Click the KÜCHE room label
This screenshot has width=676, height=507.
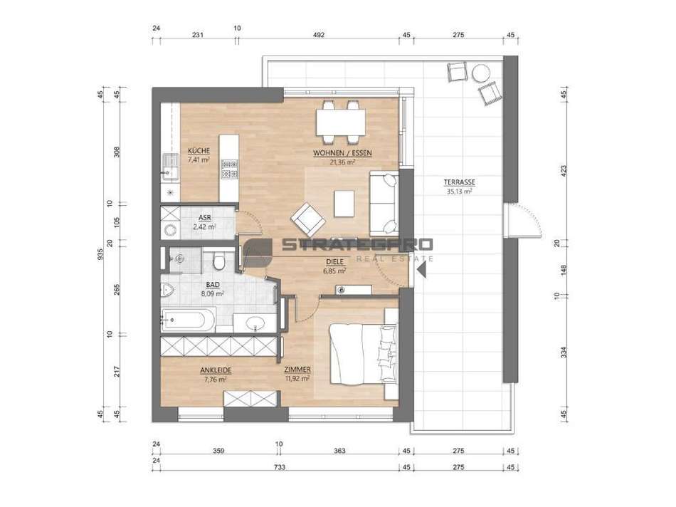pyautogui.click(x=199, y=152)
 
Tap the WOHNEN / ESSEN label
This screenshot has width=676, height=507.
pyautogui.click(x=342, y=153)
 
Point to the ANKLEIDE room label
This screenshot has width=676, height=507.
pyautogui.click(x=216, y=370)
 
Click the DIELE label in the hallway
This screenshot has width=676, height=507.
pyautogui.click(x=334, y=261)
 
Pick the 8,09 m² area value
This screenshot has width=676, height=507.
pyautogui.click(x=213, y=293)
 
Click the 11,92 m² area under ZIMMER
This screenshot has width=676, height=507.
pyautogui.click(x=297, y=379)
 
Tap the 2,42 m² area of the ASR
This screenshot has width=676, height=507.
pyautogui.click(x=204, y=228)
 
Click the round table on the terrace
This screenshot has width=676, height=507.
pyautogui.click(x=482, y=72)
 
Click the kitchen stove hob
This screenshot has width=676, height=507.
pyautogui.click(x=229, y=169)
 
